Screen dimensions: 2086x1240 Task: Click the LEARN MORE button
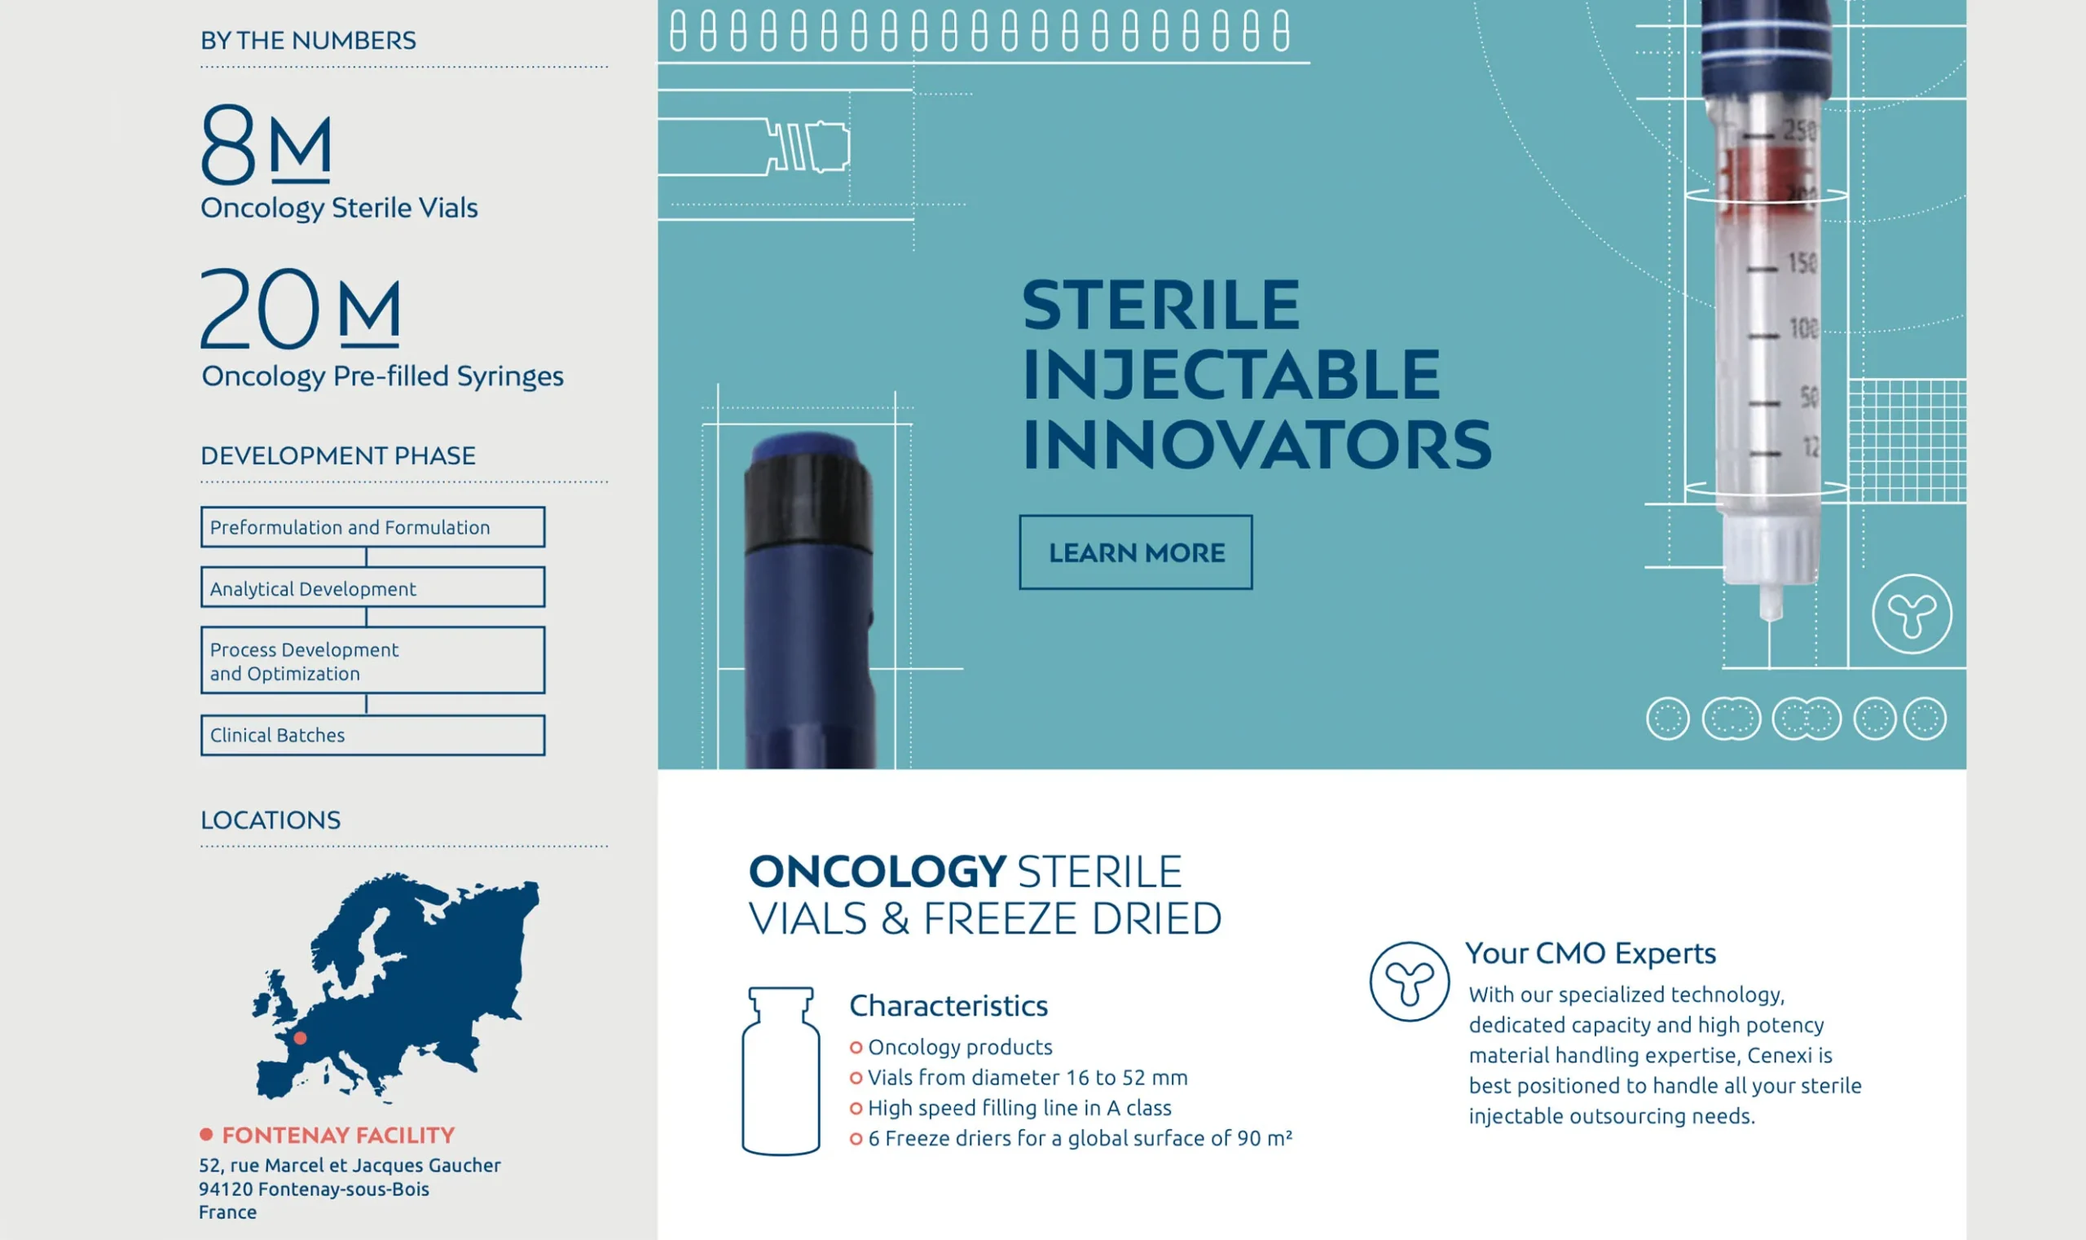[x=1136, y=552]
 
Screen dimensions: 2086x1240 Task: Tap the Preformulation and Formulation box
[x=372, y=527]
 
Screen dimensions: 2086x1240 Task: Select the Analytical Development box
[x=372, y=587]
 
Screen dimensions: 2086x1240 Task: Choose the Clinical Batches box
[x=372, y=736]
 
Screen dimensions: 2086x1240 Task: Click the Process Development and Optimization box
[x=372, y=660]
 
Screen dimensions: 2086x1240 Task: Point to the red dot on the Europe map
[x=300, y=1039]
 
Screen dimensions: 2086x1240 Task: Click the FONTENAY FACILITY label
[x=338, y=1135]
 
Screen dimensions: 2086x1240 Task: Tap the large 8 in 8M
[x=228, y=143]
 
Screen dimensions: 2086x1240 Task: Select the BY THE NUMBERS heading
[x=308, y=40]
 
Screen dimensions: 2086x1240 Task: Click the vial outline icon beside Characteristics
[x=781, y=1071]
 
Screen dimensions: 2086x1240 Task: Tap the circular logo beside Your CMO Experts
[x=1409, y=982]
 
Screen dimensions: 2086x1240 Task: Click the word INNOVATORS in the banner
[x=1257, y=445]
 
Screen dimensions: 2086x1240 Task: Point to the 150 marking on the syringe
[x=1802, y=263]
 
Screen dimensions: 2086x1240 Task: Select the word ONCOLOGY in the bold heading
[x=878, y=872]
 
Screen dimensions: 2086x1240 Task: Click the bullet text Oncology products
[x=960, y=1047]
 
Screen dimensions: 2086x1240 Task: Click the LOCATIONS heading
[x=271, y=820]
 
